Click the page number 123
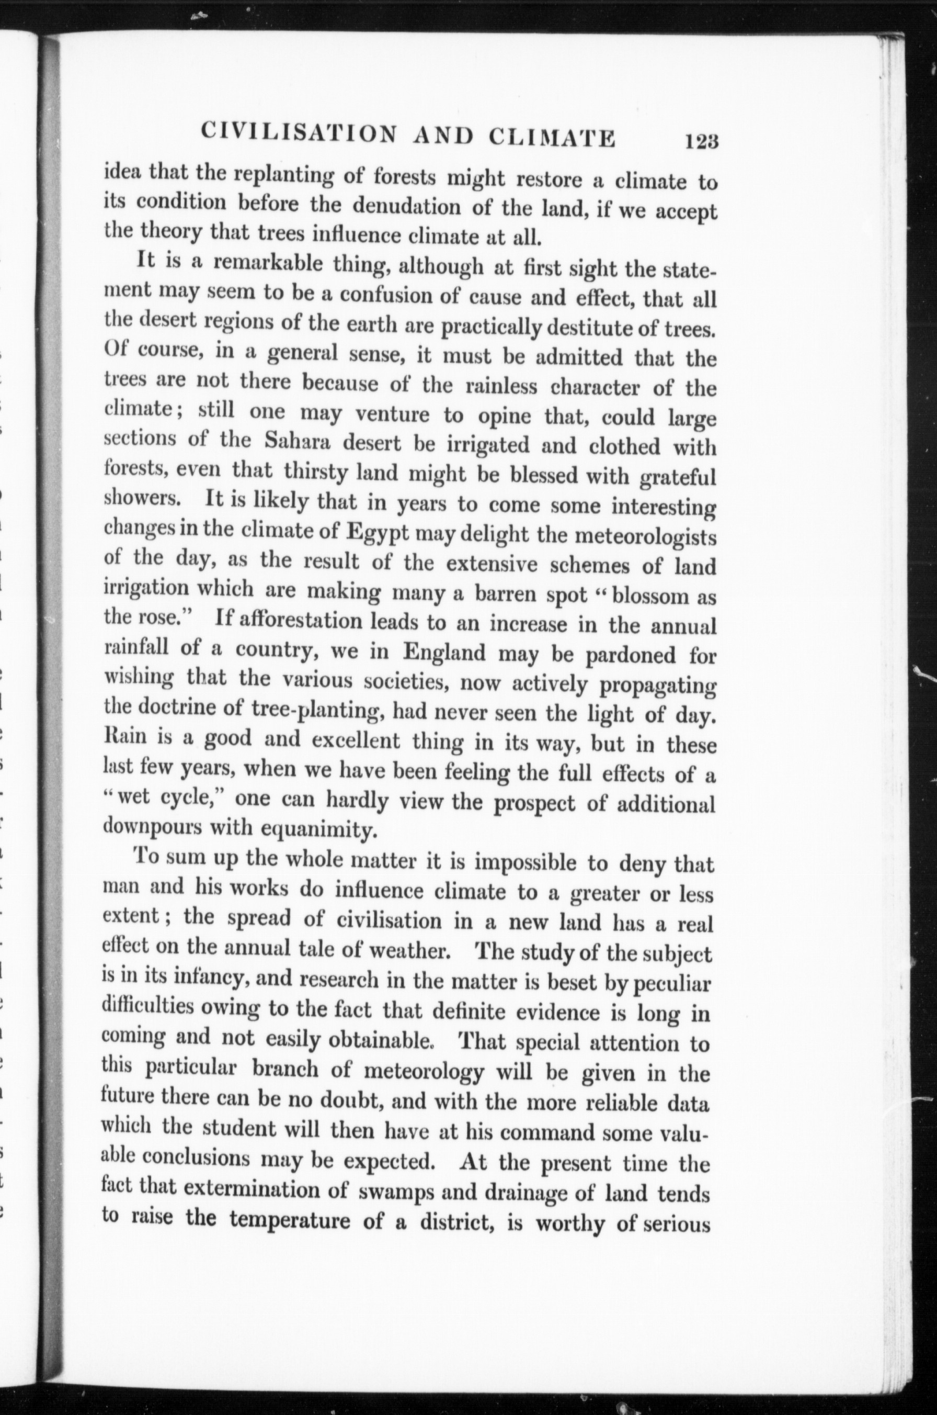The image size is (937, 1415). (x=702, y=141)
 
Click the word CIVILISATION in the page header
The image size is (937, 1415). (x=298, y=133)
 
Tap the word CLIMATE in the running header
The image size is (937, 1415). (x=552, y=138)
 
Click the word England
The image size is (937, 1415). (x=444, y=652)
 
